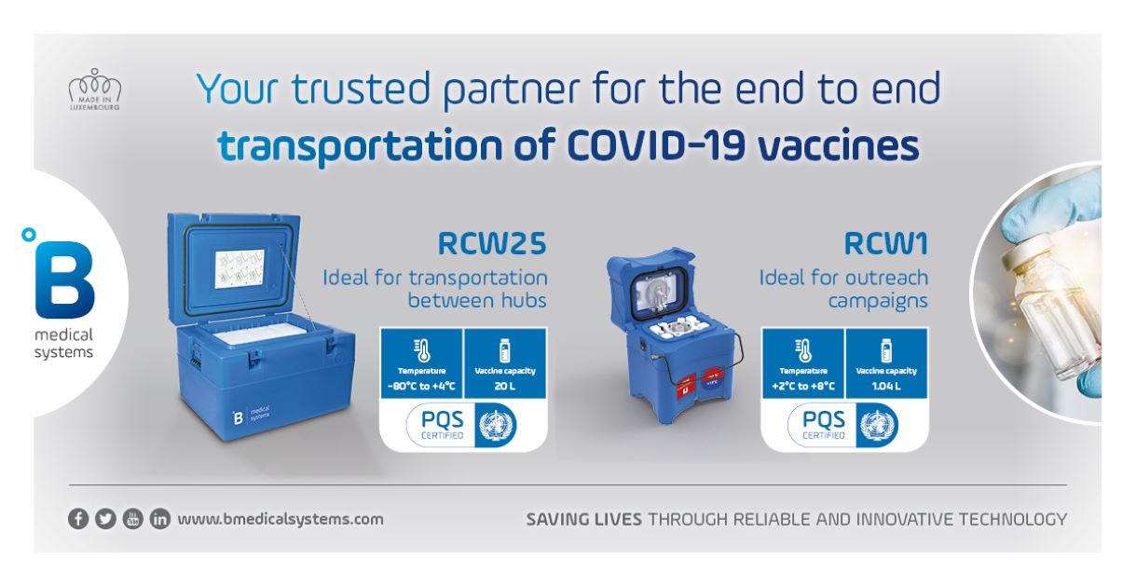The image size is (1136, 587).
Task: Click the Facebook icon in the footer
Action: [78, 519]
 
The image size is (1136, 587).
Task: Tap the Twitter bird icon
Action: [105, 519]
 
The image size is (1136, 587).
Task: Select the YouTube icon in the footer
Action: [132, 519]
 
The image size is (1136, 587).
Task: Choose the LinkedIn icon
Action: [159, 519]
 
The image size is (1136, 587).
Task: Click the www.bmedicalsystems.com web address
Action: [280, 519]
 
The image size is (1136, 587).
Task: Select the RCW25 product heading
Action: [492, 244]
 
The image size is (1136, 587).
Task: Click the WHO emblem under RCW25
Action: [496, 425]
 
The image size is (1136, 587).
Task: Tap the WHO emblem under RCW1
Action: [878, 425]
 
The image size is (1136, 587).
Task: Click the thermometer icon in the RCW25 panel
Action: [422, 349]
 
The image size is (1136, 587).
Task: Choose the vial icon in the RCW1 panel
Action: [886, 349]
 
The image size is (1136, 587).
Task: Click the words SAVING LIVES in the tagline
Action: [583, 519]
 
